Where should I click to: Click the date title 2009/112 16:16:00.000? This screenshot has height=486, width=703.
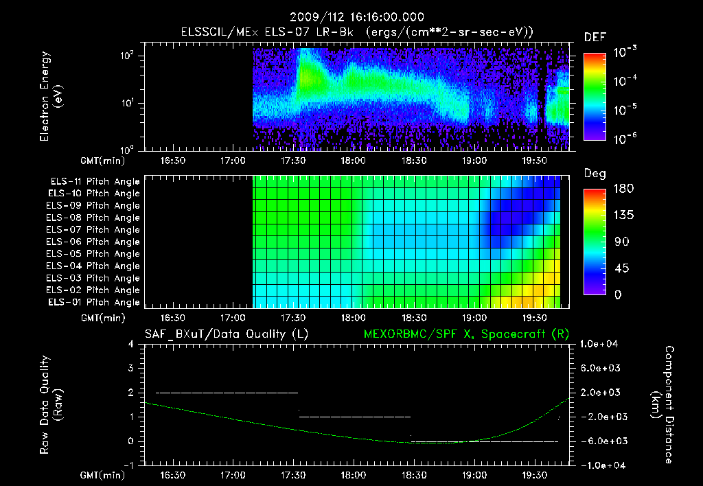pyautogui.click(x=356, y=17)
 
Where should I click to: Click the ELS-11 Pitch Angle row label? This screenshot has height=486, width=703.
pyautogui.click(x=95, y=181)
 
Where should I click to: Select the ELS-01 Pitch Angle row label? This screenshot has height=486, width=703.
pyautogui.click(x=95, y=302)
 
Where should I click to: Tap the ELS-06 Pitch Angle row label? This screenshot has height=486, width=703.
pyautogui.click(x=95, y=242)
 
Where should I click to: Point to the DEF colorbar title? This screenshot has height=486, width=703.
pyautogui.click(x=595, y=37)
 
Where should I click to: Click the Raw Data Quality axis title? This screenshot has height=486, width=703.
pyautogui.click(x=51, y=405)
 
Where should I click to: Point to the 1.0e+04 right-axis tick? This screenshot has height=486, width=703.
pyautogui.click(x=602, y=344)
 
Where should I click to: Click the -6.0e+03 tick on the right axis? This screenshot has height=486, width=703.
pyautogui.click(x=602, y=441)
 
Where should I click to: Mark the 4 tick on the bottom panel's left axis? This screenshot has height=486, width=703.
pyautogui.click(x=131, y=344)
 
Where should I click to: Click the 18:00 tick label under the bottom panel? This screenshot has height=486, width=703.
pyautogui.click(x=353, y=475)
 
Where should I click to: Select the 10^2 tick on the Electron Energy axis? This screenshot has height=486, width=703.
pyautogui.click(x=128, y=56)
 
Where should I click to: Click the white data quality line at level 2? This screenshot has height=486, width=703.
pyautogui.click(x=227, y=393)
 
